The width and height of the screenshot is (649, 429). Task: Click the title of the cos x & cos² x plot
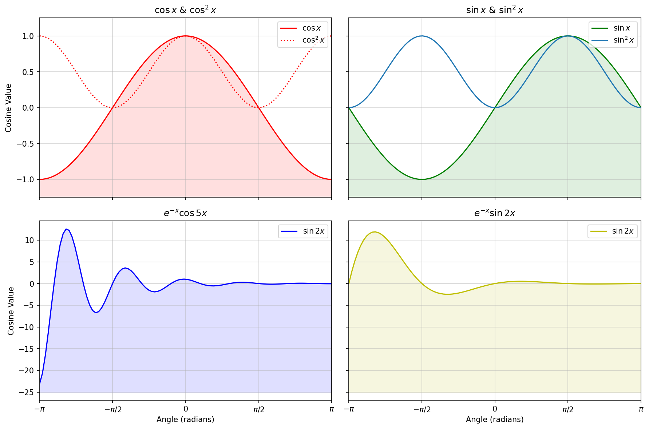(185, 10)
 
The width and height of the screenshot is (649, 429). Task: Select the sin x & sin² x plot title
(495, 10)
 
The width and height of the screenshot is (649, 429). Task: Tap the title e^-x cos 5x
(185, 213)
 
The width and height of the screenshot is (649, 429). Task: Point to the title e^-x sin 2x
(495, 213)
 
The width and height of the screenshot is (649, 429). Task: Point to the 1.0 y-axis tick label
(28, 36)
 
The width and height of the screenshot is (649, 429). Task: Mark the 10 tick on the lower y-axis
(29, 240)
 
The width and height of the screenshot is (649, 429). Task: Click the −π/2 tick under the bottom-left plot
(113, 410)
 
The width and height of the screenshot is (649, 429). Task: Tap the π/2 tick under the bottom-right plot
(568, 410)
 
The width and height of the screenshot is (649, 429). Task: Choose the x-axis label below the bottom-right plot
(495, 420)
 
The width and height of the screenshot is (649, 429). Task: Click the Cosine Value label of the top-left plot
(9, 108)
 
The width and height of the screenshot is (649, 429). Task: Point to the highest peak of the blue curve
(66, 229)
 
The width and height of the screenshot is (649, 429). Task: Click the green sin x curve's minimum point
(422, 179)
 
